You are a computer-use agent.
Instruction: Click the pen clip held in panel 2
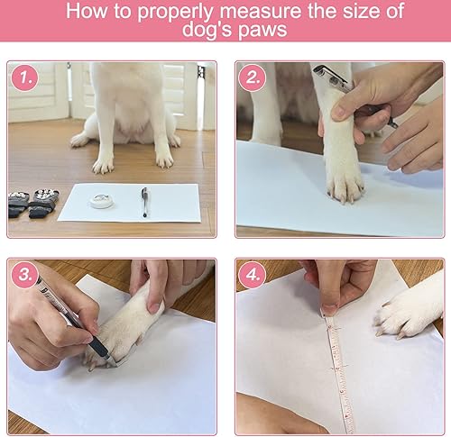327,77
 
